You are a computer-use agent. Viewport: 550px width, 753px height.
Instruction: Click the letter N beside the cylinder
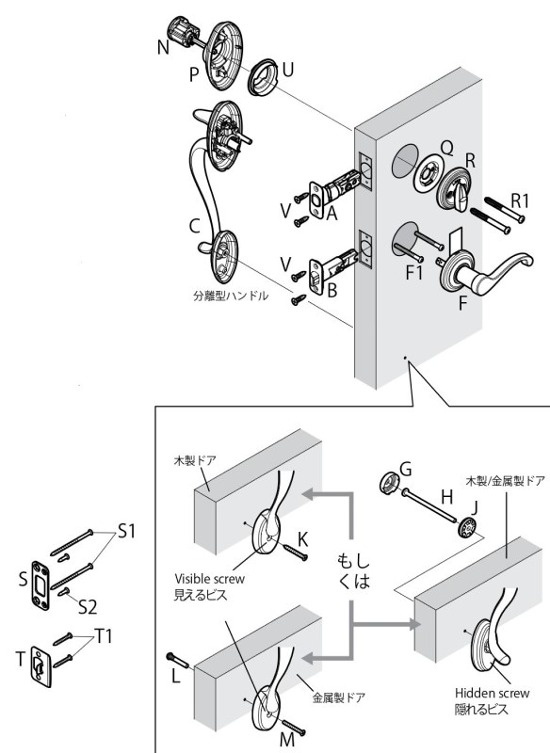pyautogui.click(x=163, y=48)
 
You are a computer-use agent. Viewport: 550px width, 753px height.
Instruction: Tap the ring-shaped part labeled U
pyautogui.click(x=262, y=77)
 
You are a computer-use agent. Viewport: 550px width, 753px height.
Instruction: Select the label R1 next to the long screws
pyautogui.click(x=519, y=200)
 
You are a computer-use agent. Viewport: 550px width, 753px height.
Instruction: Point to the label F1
pyautogui.click(x=414, y=273)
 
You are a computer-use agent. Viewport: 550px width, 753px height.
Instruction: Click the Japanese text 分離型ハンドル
pyautogui.click(x=231, y=296)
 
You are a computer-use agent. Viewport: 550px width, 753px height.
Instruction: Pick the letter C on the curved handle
pyautogui.click(x=195, y=226)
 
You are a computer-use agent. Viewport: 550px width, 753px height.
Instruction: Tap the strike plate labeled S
pyautogui.click(x=40, y=585)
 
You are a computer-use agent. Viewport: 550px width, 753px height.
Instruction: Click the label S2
pyautogui.click(x=88, y=607)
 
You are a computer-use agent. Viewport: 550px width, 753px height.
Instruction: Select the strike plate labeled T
pyautogui.click(x=40, y=666)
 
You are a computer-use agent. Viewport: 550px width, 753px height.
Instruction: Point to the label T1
pyautogui.click(x=104, y=636)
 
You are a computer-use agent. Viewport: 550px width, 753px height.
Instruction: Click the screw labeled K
pyautogui.click(x=294, y=553)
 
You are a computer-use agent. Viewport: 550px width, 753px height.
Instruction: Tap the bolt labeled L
pyautogui.click(x=178, y=661)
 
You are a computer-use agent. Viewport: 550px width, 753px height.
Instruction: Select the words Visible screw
pyautogui.click(x=209, y=579)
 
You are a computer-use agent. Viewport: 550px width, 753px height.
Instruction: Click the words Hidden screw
pyautogui.click(x=492, y=693)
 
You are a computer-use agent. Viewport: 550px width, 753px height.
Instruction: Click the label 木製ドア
pyautogui.click(x=195, y=460)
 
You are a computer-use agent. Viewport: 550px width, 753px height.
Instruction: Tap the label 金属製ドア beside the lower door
pyautogui.click(x=338, y=697)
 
